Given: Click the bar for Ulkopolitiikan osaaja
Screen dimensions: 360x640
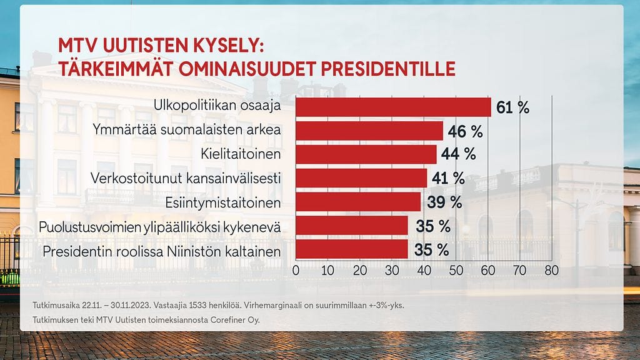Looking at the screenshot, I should (x=393, y=107).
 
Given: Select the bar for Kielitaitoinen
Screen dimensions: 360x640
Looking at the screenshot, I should (x=366, y=154).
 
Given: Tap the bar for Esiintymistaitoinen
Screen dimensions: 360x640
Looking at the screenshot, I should (x=358, y=202).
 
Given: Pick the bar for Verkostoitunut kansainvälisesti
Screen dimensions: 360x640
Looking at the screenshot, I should (x=361, y=178).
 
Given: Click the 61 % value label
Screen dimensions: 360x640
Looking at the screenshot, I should (x=512, y=107).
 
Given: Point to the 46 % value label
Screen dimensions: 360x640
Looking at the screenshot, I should (x=466, y=131).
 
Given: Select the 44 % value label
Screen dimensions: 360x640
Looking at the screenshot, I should (x=459, y=154).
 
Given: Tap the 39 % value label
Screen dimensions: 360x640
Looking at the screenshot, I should (x=444, y=202).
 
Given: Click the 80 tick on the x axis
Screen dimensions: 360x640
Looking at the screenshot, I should (x=551, y=271).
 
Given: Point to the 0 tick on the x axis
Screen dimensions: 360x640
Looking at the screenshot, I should (x=296, y=271).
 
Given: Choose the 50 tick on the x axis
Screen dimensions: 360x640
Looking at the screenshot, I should (x=455, y=271).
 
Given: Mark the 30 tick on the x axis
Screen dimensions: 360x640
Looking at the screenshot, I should (x=391, y=271).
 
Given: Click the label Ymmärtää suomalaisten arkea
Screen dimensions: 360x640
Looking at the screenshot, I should (x=187, y=131).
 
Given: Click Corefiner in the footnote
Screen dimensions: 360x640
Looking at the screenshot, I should (x=224, y=320).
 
